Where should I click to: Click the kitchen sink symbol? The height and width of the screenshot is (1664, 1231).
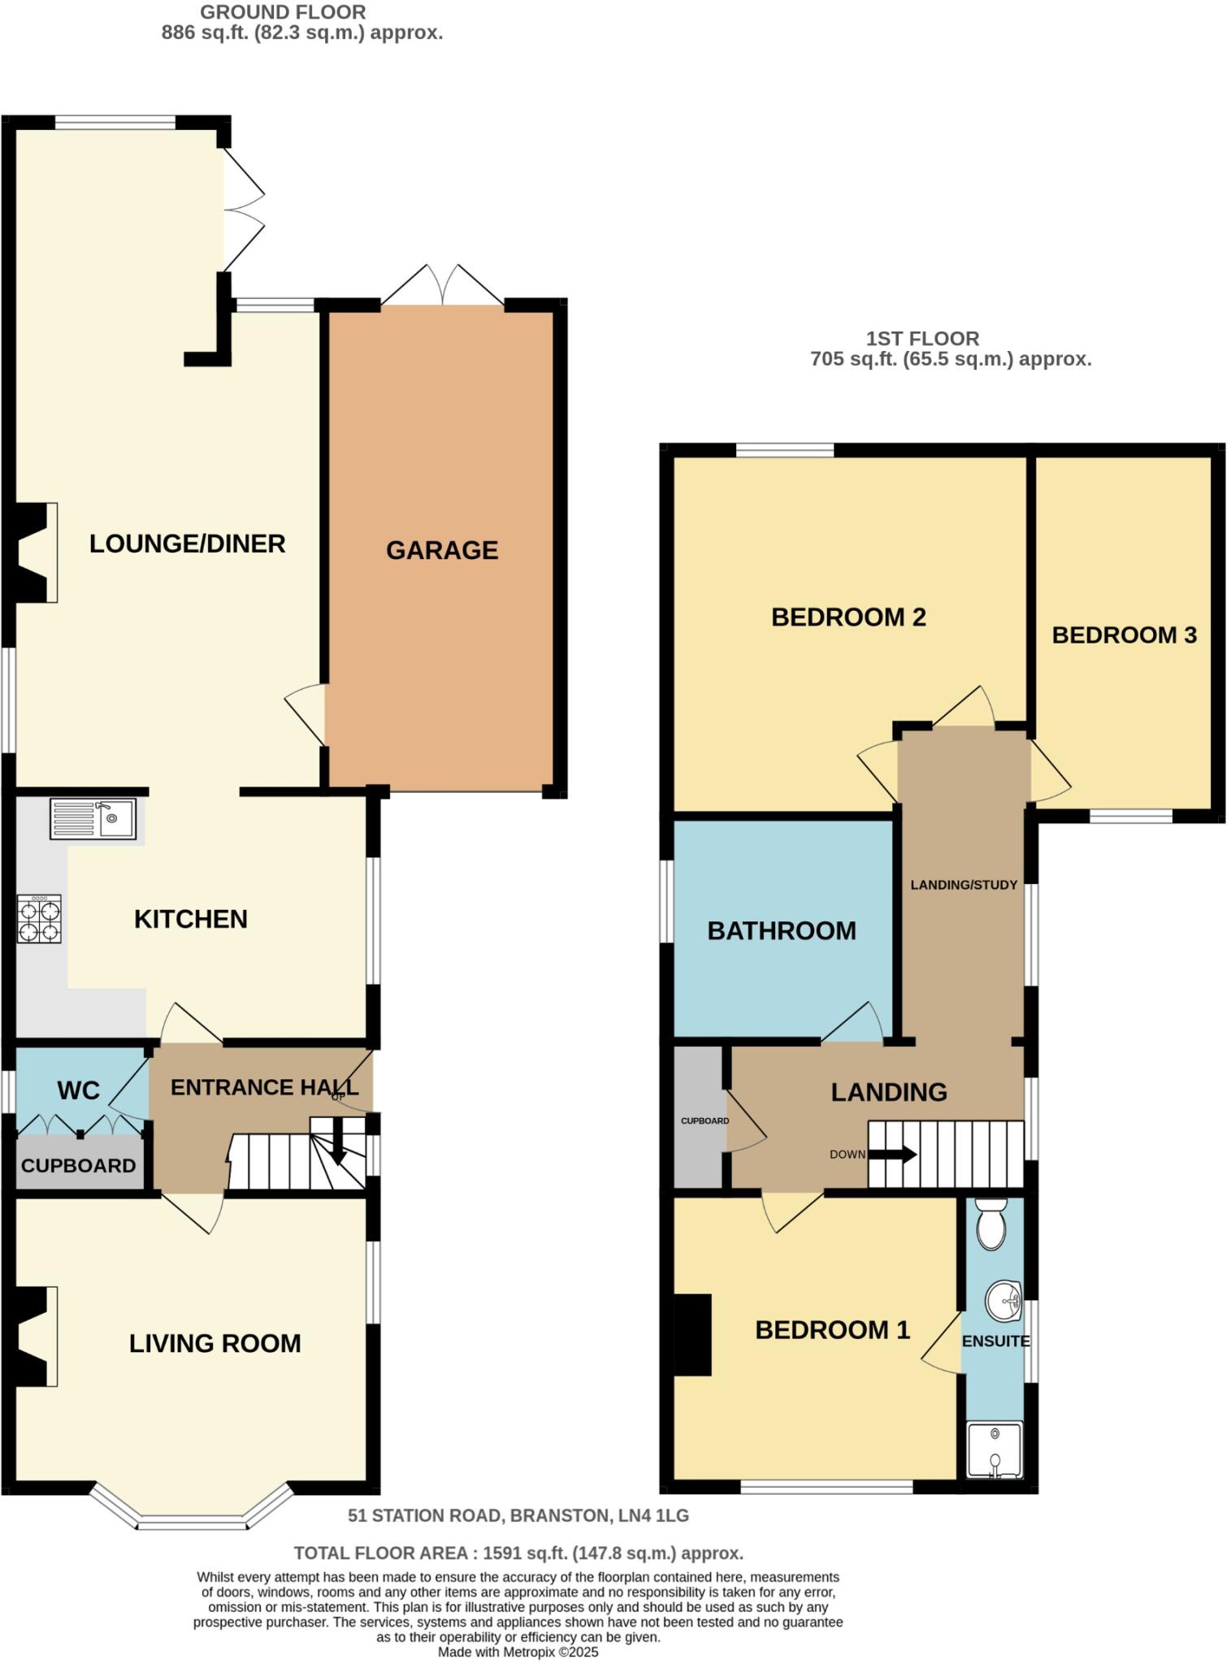(93, 818)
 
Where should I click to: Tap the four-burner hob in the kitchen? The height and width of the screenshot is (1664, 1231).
(39, 919)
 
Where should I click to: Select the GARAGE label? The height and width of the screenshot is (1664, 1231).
(442, 550)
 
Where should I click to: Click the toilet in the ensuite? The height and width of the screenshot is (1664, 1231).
(990, 1228)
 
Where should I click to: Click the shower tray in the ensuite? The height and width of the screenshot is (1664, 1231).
(995, 1449)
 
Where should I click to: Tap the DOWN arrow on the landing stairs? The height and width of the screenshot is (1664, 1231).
(892, 1154)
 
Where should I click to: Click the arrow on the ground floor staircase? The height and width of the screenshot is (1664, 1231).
(340, 1151)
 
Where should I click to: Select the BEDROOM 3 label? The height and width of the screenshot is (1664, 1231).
(1124, 635)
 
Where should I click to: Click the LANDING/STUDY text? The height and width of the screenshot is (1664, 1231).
(964, 885)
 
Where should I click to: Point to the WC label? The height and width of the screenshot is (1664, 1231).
(79, 1090)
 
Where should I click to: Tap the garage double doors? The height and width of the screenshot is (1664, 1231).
(442, 286)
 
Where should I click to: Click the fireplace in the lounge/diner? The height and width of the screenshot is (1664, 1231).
(37, 552)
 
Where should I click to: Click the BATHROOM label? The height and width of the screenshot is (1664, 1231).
(782, 930)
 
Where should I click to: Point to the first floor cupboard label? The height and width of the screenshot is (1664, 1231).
(704, 1120)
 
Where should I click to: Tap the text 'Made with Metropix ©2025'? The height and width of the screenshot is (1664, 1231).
(518, 1652)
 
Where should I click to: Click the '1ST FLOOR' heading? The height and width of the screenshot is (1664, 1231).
(922, 338)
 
